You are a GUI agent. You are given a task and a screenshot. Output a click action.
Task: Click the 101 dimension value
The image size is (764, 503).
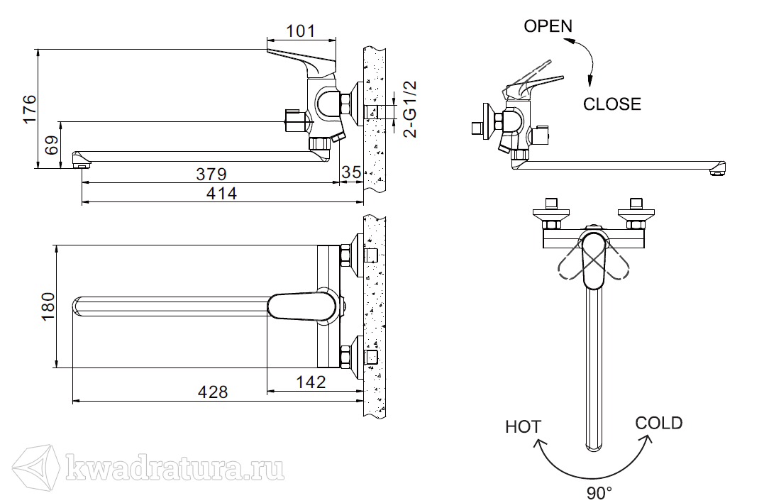[x=301, y=31]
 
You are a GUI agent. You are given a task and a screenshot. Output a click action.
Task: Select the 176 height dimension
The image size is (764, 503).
[x=30, y=109]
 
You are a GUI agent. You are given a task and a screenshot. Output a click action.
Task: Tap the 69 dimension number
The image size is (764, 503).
[x=52, y=145]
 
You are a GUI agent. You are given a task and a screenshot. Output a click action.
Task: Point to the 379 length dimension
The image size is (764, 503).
[x=211, y=174]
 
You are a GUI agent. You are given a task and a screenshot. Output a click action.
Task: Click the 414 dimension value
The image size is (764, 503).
[x=221, y=194]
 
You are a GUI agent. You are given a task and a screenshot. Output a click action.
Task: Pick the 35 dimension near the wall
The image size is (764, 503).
[x=351, y=172]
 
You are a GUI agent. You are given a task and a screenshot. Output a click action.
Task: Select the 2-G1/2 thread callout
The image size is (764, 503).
[x=411, y=109]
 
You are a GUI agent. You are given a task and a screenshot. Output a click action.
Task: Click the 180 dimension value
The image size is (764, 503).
[x=48, y=306]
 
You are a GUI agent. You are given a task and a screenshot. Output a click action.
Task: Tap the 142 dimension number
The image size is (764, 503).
[x=311, y=382]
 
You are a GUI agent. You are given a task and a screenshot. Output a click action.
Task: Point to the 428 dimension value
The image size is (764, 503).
[x=213, y=392]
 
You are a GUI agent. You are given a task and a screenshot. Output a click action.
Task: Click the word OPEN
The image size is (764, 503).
[x=548, y=26]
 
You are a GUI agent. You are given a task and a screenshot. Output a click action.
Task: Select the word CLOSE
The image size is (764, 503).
[x=612, y=104]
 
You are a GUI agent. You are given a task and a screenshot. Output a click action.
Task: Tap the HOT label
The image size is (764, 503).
[x=524, y=427]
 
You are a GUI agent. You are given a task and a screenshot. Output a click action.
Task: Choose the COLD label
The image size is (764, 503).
[x=659, y=423]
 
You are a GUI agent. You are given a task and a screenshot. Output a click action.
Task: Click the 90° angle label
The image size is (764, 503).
[x=599, y=493]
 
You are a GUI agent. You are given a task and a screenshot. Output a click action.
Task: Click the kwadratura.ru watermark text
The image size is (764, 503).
[x=175, y=468]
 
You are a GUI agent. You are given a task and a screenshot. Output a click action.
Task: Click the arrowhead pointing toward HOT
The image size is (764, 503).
[x=539, y=443]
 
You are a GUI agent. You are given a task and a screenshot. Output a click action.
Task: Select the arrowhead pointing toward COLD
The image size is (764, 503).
[x=648, y=440]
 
